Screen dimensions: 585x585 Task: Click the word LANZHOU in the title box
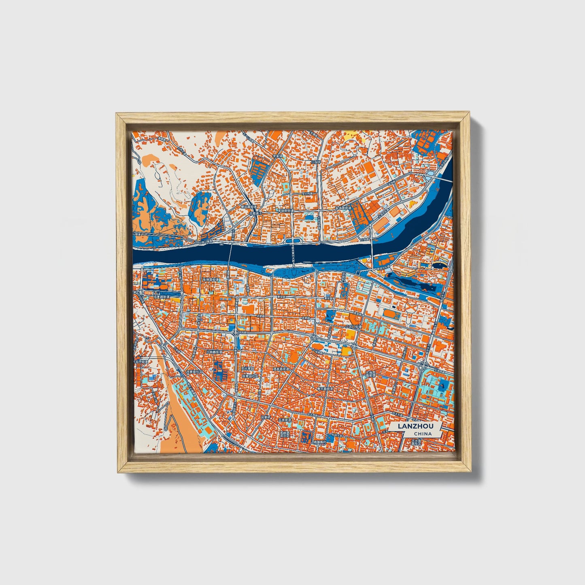(x=415, y=426)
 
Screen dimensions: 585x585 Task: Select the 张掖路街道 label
(x=211, y=279)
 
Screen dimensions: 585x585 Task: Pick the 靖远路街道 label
(x=249, y=206)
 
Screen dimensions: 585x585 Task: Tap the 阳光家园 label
(x=247, y=369)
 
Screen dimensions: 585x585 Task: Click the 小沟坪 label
(x=316, y=162)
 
